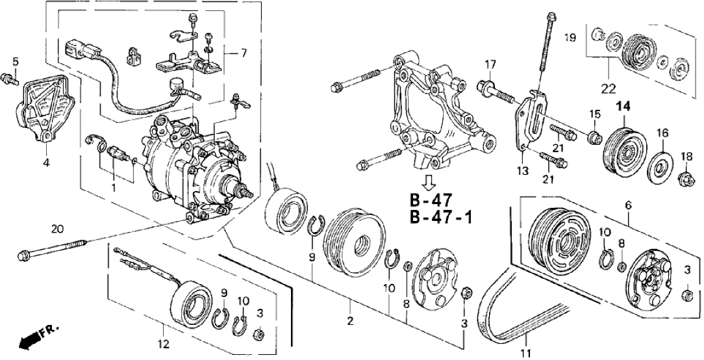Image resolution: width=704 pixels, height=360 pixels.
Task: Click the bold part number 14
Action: [x=623, y=107]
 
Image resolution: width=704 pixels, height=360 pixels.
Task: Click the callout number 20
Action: [x=58, y=228]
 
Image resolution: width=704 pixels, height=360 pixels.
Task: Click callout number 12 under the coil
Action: [x=163, y=342]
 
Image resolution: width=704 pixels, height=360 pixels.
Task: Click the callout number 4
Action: [x=46, y=162]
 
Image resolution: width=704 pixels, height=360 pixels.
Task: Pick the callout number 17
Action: [x=490, y=64]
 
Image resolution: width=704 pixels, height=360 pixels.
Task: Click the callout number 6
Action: [x=628, y=205]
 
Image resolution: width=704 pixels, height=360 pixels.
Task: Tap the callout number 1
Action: [x=113, y=188]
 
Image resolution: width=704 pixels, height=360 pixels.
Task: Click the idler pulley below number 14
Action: [x=623, y=149]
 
